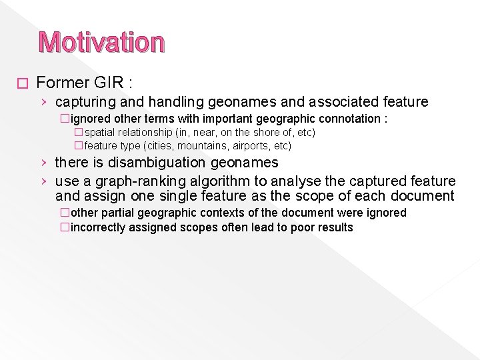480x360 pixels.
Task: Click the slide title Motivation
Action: (x=101, y=42)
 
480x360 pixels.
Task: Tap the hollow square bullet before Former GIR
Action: (x=23, y=83)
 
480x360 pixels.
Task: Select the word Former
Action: (x=63, y=83)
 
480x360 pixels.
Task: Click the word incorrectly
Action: (x=99, y=227)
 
